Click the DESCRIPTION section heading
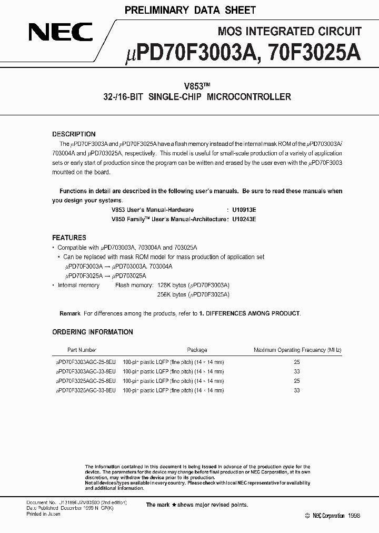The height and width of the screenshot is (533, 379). (74, 134)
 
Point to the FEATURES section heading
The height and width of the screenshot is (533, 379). (69, 238)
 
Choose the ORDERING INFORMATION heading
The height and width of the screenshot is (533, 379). (92, 332)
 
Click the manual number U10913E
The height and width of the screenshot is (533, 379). (241, 210)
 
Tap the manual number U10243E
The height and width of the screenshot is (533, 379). (241, 219)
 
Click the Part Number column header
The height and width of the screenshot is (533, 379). (82, 350)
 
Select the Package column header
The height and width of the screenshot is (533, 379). (197, 350)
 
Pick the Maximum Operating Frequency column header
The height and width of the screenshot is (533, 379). (297, 350)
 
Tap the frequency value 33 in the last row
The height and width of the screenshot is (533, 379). (296, 391)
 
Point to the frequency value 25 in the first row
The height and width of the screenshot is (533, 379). (296, 362)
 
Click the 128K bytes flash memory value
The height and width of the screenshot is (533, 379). (172, 285)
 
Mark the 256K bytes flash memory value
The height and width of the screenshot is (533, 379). (172, 295)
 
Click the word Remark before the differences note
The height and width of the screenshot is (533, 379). (70, 313)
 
